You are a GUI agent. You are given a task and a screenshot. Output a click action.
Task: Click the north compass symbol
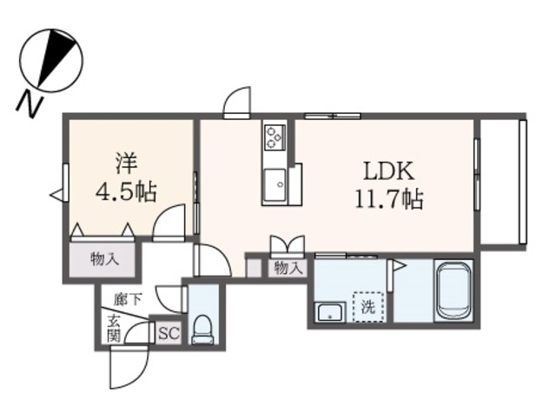pyautogui.click(x=52, y=58)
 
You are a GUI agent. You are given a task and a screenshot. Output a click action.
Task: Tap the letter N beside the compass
pyautogui.click(x=31, y=103)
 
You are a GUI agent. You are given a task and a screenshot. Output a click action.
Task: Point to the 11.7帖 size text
pyautogui.click(x=388, y=200)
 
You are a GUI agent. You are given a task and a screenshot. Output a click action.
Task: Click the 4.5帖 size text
pyautogui.click(x=126, y=191)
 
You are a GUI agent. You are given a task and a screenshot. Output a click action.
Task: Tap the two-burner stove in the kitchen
pyautogui.click(x=275, y=137)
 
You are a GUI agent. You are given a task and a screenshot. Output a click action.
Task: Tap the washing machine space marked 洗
pyautogui.click(x=367, y=305)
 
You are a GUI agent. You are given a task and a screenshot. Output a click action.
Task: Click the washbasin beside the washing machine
pyautogui.click(x=329, y=312)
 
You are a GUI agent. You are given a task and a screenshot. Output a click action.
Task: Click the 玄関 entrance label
pyautogui.click(x=114, y=329)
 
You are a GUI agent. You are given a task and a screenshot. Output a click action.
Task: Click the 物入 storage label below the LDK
pyautogui.click(x=288, y=268)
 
